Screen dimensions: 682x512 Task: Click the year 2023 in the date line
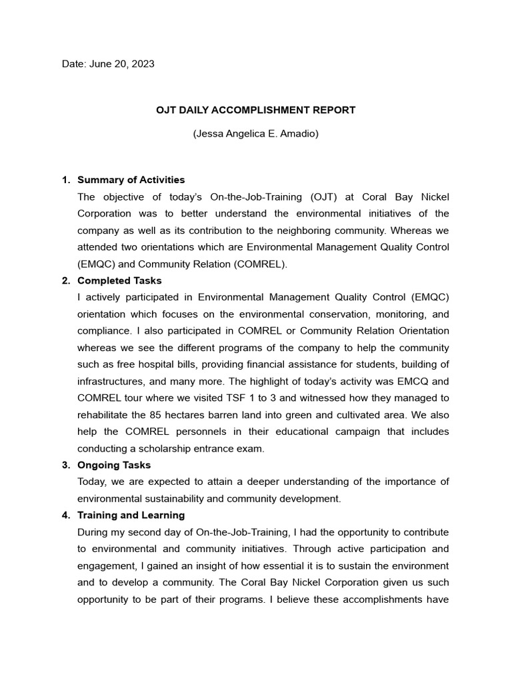pyautogui.click(x=143, y=64)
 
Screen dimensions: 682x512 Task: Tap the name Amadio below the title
pyautogui.click(x=299, y=133)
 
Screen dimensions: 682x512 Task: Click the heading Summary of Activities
pyautogui.click(x=131, y=180)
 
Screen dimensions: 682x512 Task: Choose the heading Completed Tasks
pyautogui.click(x=119, y=280)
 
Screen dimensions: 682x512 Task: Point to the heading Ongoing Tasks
pyautogui.click(x=114, y=465)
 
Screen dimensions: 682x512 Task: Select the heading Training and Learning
pyautogui.click(x=131, y=515)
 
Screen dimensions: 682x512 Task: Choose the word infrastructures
pyautogui.click(x=111, y=381)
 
